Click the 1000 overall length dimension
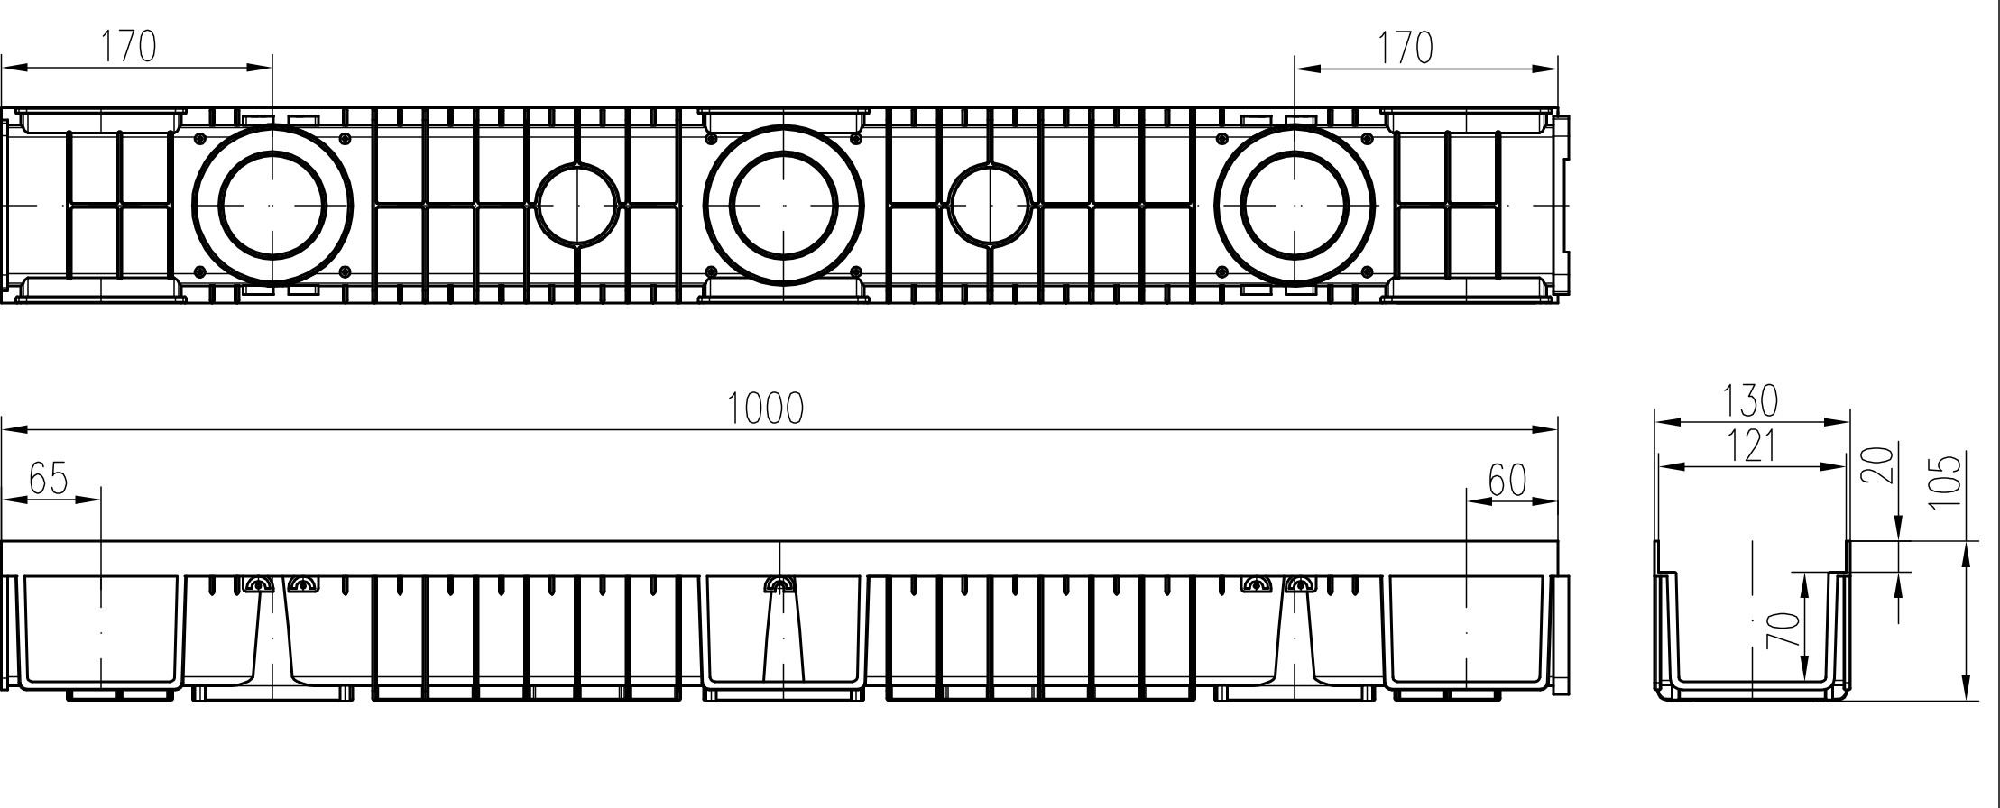pyautogui.click(x=765, y=409)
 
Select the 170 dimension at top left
pyautogui.click(x=127, y=47)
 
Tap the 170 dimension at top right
pyautogui.click(x=1404, y=47)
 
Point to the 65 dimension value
pyautogui.click(x=48, y=479)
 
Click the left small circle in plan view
pyautogui.click(x=577, y=205)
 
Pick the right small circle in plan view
pyautogui.click(x=991, y=205)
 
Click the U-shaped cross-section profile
pyautogui.click(x=1752, y=636)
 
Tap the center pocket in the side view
pyautogui.click(x=783, y=631)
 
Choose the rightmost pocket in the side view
pyautogui.click(x=1467, y=631)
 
